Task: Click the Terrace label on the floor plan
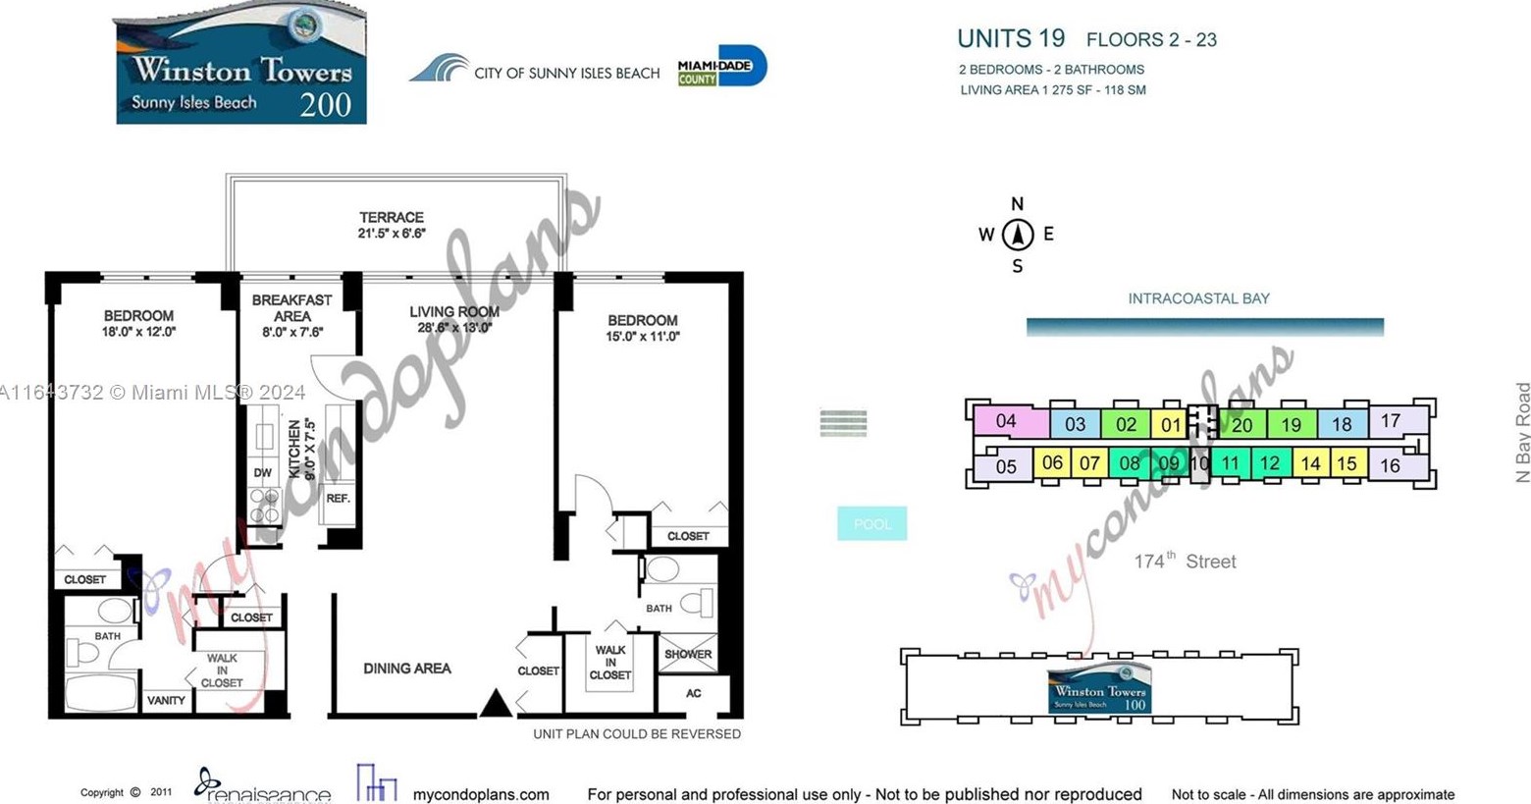click(x=391, y=218)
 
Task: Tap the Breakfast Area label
click(x=291, y=308)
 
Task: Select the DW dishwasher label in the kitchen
click(x=262, y=473)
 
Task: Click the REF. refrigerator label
click(x=338, y=499)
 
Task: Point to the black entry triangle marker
click(x=496, y=703)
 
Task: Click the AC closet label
click(x=693, y=693)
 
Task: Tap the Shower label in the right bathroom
click(x=687, y=654)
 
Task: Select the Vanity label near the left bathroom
click(x=166, y=700)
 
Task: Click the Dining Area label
click(x=406, y=669)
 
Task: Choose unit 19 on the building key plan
click(x=1291, y=425)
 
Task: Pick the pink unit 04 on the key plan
click(x=1005, y=421)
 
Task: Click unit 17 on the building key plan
click(x=1390, y=421)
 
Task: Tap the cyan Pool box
click(x=871, y=524)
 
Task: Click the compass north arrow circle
click(x=1018, y=235)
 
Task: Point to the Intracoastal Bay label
click(x=1198, y=298)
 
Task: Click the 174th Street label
click(x=1185, y=562)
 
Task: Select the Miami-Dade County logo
click(x=721, y=67)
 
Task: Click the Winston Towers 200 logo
click(x=241, y=65)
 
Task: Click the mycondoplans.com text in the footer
click(x=480, y=794)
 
